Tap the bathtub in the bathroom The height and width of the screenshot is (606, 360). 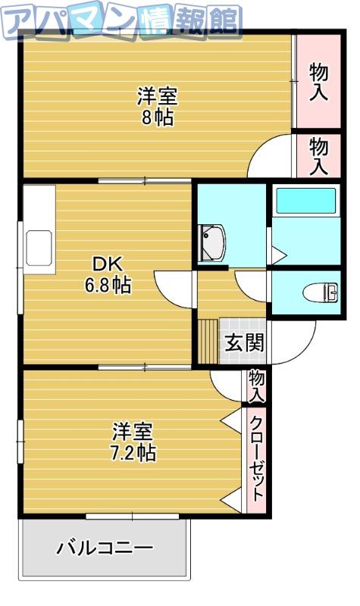306,201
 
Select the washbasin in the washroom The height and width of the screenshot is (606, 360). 211,242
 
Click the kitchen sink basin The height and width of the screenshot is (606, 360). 39,248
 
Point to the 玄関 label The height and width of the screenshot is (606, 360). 244,342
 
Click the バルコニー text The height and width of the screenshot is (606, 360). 105,548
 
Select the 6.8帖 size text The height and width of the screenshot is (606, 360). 108,286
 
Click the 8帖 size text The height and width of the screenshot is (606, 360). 158,117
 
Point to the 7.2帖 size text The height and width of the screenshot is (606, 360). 133,452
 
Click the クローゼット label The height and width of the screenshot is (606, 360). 256,459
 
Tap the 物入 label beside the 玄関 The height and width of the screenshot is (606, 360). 256,386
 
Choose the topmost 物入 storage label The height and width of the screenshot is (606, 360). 318,83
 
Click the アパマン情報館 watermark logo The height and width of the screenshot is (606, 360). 121,21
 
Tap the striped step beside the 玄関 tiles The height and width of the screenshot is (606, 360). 208,342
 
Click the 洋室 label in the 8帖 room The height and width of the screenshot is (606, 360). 158,96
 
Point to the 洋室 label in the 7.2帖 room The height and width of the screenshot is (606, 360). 133,432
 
